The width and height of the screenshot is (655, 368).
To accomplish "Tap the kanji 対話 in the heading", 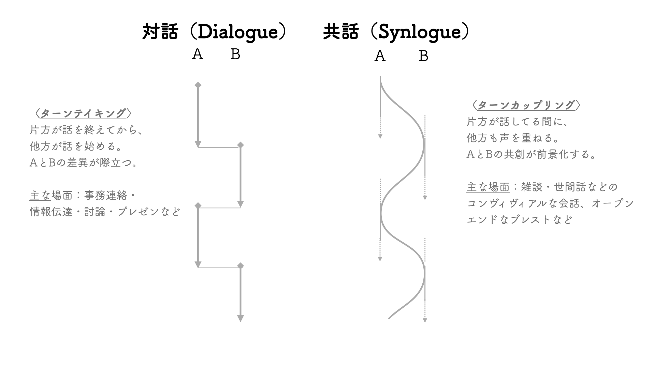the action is coord(160,32).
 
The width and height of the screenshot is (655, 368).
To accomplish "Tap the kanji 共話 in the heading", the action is coord(341,32).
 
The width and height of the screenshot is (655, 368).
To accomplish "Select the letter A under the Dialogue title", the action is coord(198,54).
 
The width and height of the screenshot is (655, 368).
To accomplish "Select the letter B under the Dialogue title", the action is coord(235,54).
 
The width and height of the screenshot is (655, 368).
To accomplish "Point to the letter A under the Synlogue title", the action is coord(380,56).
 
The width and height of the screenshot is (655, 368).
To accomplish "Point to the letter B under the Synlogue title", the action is coord(423,56).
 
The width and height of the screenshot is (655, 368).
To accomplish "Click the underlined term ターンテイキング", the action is coord(83,113).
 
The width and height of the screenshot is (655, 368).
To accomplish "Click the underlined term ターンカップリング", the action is coord(526,105).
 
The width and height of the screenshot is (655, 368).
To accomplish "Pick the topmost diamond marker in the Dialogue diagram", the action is coord(198,85).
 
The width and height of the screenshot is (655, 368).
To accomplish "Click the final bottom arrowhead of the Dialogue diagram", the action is coord(241,319).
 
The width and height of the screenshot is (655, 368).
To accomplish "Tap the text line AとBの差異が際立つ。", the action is coord(84,163).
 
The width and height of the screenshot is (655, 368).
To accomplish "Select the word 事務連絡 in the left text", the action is coord(106,196).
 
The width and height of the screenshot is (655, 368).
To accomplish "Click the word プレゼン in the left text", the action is coord(139,212).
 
